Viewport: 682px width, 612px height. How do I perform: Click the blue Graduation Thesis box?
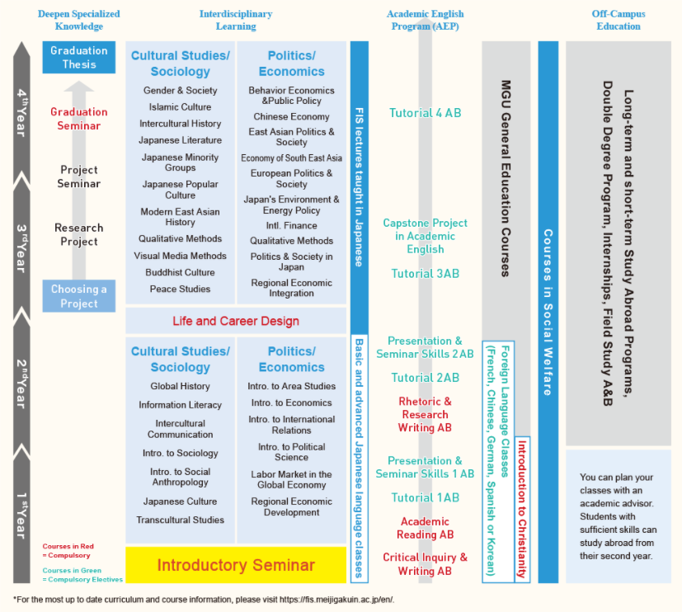point(79,57)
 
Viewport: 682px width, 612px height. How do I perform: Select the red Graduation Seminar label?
point(79,119)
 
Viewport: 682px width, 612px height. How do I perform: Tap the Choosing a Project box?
point(79,296)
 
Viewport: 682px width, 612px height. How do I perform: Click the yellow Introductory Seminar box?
point(236,565)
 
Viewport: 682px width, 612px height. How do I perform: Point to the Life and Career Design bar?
point(236,321)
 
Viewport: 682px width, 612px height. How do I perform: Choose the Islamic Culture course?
point(181,107)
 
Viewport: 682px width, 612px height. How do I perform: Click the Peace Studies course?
point(181,290)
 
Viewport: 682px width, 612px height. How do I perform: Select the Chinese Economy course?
point(291,117)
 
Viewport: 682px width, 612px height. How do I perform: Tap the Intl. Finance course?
point(291,225)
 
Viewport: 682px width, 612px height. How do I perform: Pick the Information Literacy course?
point(181,405)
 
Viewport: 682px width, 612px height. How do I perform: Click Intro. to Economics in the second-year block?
point(291,403)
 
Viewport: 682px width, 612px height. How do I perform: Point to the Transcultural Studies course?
point(181,520)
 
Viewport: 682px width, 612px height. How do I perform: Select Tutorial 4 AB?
point(426,113)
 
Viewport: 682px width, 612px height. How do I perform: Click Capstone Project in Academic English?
point(426,236)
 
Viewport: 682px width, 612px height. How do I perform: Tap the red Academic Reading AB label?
point(426,528)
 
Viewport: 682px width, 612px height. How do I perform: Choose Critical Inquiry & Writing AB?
point(426,564)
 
